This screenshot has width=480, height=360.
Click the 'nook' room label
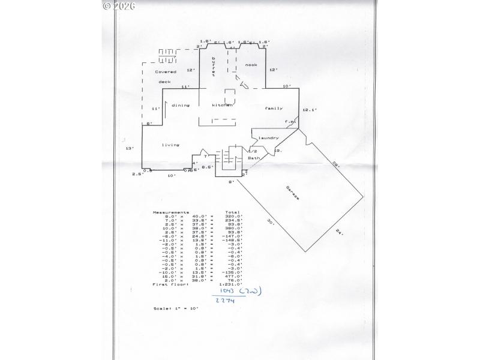tap(251, 65)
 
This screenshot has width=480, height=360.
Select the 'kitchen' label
tap(221, 105)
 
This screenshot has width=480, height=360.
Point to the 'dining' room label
tap(181, 105)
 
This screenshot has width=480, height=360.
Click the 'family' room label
tap(274, 108)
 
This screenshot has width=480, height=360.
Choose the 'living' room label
tap(170, 145)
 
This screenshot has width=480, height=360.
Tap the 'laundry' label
tap(269, 138)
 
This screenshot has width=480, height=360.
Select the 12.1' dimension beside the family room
tap(309, 110)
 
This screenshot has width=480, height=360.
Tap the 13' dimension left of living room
tap(128, 148)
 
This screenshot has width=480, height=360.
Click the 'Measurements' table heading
tap(171, 212)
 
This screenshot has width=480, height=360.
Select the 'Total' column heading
tap(232, 212)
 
